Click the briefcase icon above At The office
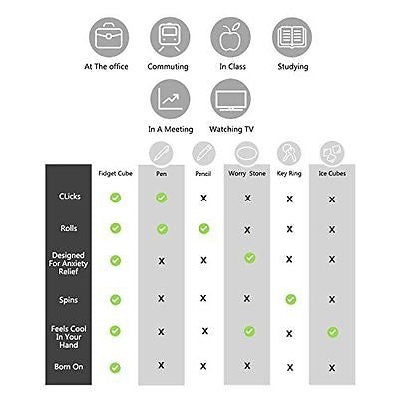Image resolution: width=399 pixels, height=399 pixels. point(109,37)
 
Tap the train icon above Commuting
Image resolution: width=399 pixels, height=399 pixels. point(170,37)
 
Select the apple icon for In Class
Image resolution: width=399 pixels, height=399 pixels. point(230,37)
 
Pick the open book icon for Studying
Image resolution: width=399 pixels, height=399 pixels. point(292,37)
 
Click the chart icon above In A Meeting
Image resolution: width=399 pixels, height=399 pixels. point(170,99)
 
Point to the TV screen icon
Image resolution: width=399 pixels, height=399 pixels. point(231,99)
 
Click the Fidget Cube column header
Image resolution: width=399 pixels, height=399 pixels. point(115,174)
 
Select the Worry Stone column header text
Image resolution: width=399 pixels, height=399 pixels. point(247,174)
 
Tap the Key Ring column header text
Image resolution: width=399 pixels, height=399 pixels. point(289,174)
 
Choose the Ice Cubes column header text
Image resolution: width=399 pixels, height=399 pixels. point(332,174)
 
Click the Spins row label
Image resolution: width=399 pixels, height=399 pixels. point(68,300)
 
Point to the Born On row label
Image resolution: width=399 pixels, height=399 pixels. point(69,367)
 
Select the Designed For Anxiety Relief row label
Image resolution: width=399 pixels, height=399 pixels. point(68,263)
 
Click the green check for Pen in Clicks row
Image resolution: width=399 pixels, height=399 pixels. point(162,198)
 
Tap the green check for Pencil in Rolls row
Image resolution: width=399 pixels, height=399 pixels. point(204,229)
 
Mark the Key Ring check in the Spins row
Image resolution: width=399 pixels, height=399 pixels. point(291,299)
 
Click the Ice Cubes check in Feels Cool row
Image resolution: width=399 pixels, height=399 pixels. point(333,332)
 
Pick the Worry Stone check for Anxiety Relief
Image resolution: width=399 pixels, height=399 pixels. point(250,258)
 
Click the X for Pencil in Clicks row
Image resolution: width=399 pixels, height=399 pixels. point(203,199)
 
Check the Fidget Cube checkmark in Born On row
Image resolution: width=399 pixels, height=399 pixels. point(115,368)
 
